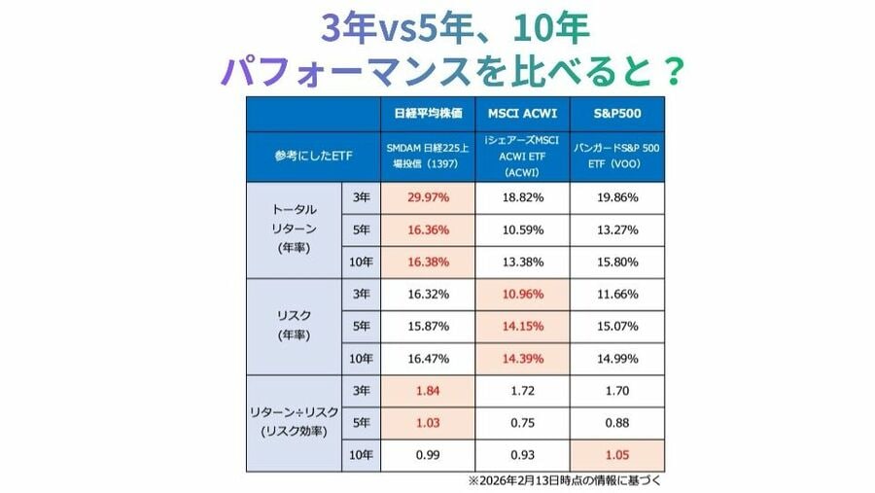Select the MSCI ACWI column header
(522, 112)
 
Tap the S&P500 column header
(616, 112)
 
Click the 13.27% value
(616, 231)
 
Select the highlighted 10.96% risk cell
(522, 295)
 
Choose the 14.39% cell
(522, 359)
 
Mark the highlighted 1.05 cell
(616, 455)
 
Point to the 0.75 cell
(522, 423)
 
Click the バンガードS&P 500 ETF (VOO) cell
(616, 156)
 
